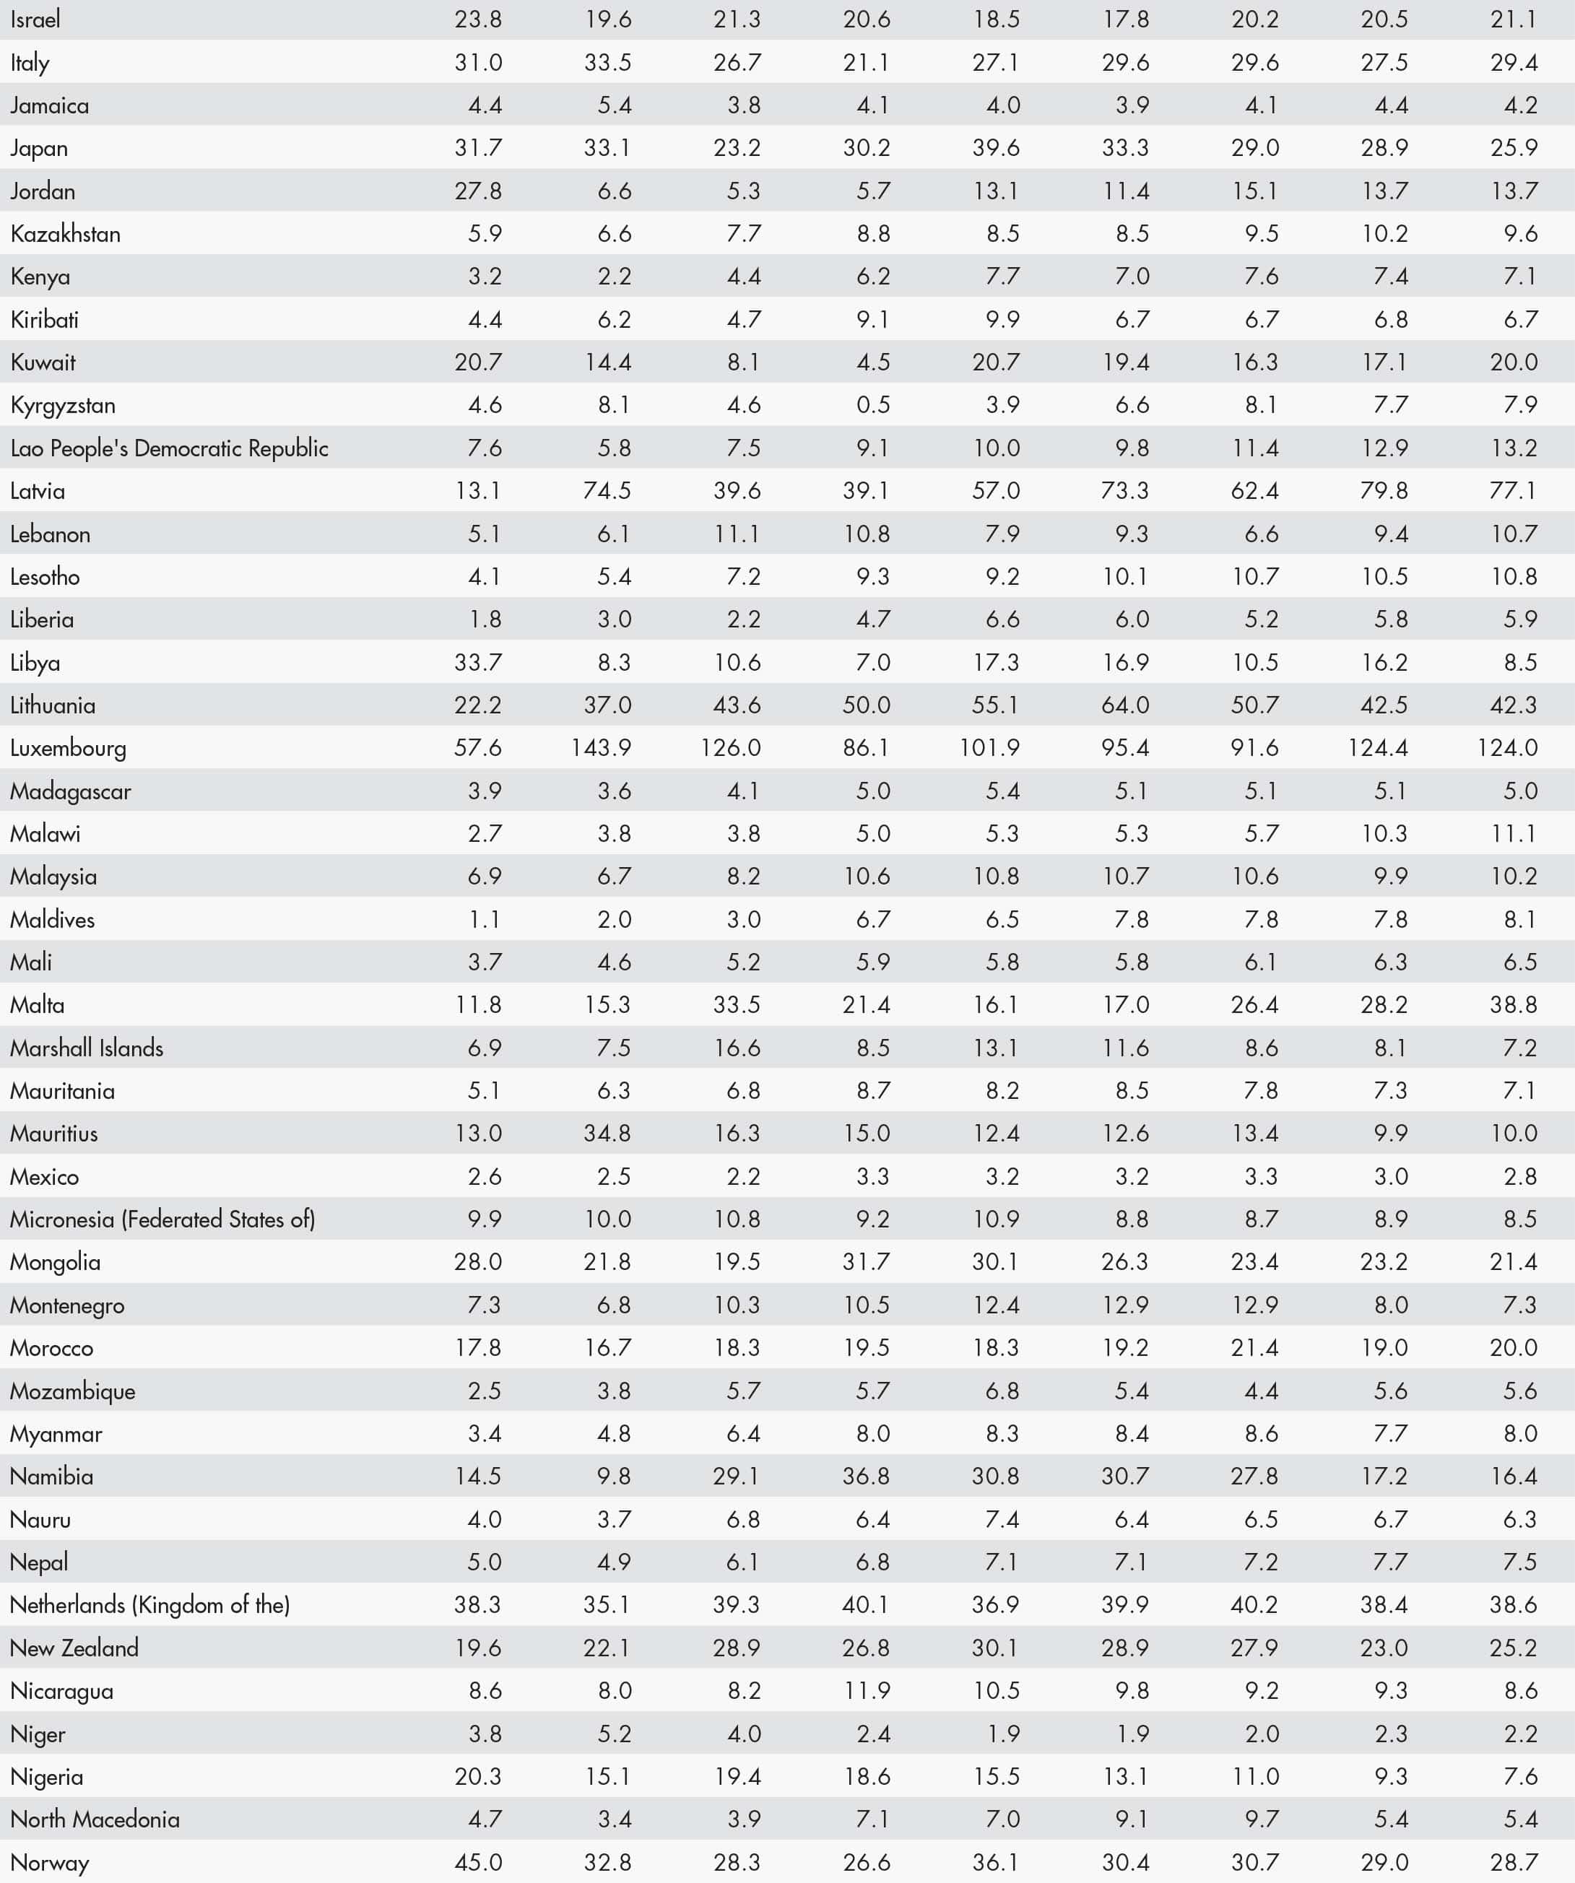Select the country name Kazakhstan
point(66,234)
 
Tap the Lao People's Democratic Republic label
point(170,448)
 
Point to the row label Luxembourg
point(68,748)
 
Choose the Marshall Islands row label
point(87,1048)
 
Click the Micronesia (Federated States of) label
point(162,1219)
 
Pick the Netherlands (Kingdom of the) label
point(149,1605)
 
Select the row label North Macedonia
point(95,1819)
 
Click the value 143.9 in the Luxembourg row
point(601,748)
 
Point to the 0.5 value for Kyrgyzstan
point(872,405)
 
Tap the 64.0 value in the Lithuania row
point(1126,705)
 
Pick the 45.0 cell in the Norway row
point(478,1862)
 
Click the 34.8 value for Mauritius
point(607,1134)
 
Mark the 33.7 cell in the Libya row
point(478,663)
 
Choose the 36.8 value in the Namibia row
point(867,1477)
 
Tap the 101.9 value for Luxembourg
point(989,748)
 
